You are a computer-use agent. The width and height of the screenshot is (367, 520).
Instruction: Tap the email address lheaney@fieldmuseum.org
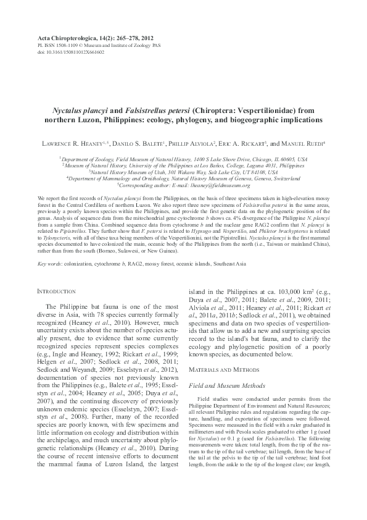pyautogui.click(x=215, y=185)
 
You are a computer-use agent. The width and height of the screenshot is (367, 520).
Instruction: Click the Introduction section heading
pyautogui.click(x=56, y=290)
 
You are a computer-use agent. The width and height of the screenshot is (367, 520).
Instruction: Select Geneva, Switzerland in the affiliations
pyautogui.click(x=276, y=178)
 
